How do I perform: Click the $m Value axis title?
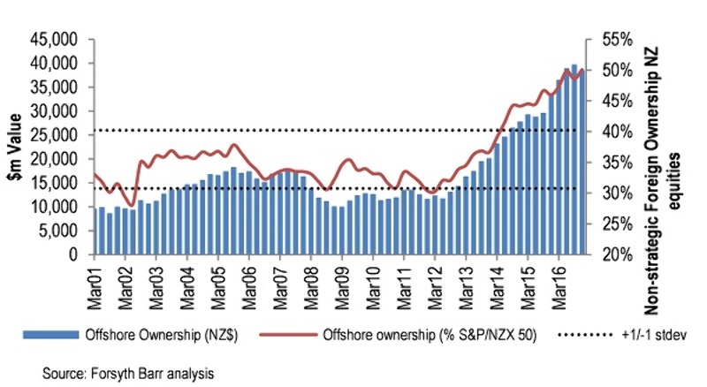[19, 147]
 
